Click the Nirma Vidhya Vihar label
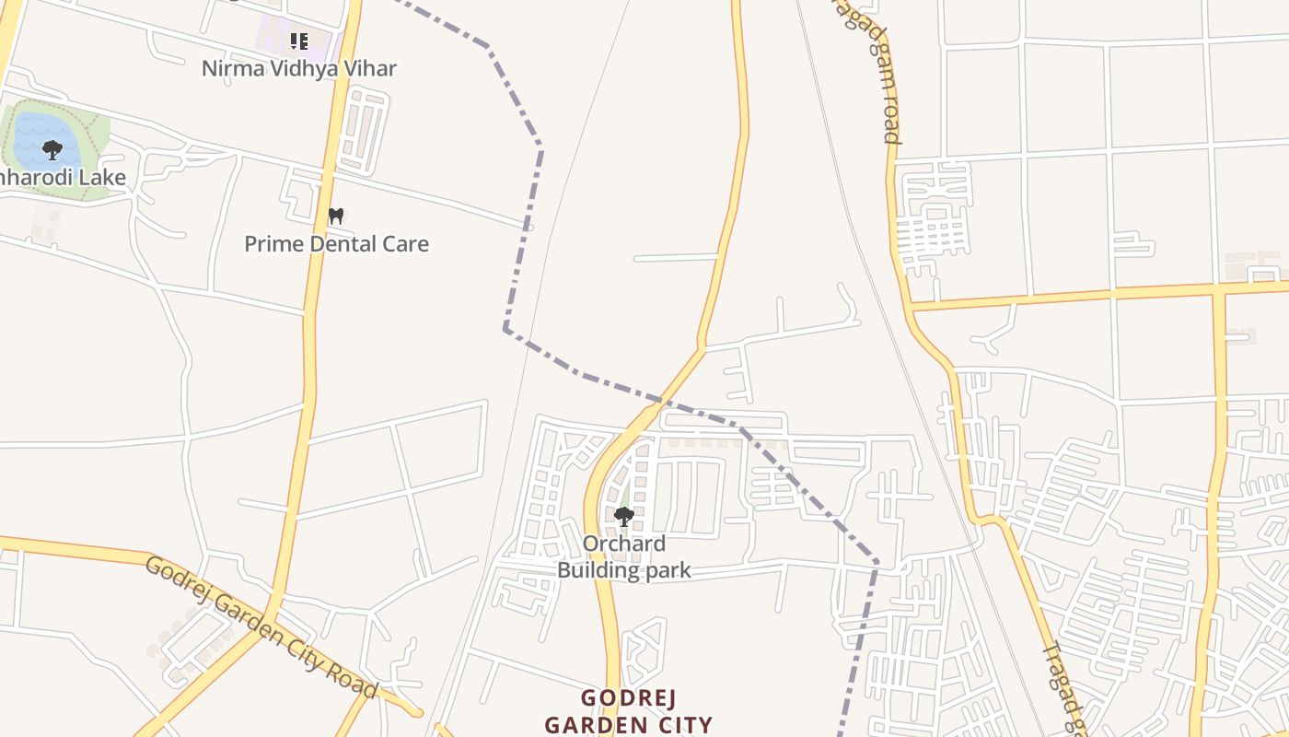[299, 68]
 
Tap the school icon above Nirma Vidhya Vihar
[298, 41]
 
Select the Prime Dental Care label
[336, 244]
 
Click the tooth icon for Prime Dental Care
[336, 216]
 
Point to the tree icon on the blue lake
[52, 149]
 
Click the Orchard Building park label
[624, 556]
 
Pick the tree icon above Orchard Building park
[624, 516]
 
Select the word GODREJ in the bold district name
[628, 697]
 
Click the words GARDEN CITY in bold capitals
[628, 724]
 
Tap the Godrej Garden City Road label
[261, 628]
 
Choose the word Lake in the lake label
[105, 177]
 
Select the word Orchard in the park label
[624, 544]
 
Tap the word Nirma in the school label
[230, 68]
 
